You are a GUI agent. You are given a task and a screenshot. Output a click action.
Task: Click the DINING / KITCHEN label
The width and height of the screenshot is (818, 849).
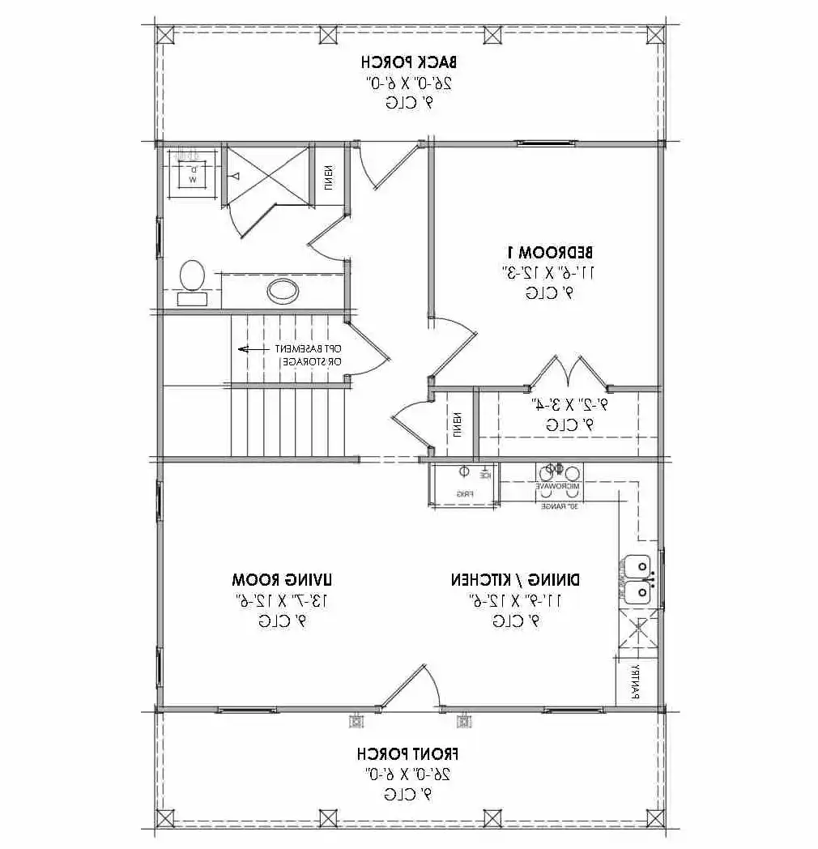pyautogui.click(x=515, y=580)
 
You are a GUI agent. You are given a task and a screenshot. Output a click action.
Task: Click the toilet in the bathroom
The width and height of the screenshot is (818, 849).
pyautogui.click(x=192, y=279)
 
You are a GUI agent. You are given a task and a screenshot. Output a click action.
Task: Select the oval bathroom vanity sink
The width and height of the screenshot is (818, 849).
pyautogui.click(x=281, y=289)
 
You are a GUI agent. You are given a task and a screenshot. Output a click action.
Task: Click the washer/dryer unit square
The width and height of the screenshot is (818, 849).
pyautogui.click(x=193, y=173)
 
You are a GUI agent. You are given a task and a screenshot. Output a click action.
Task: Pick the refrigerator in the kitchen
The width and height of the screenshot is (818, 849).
pyautogui.click(x=463, y=484)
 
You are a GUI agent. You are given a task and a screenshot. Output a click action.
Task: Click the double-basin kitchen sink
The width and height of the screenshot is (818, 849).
pyautogui.click(x=638, y=578)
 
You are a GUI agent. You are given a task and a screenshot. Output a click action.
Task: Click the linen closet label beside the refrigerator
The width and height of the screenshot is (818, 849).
pyautogui.click(x=458, y=423)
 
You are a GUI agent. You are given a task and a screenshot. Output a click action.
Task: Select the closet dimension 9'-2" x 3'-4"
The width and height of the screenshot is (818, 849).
pyautogui.click(x=568, y=403)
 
